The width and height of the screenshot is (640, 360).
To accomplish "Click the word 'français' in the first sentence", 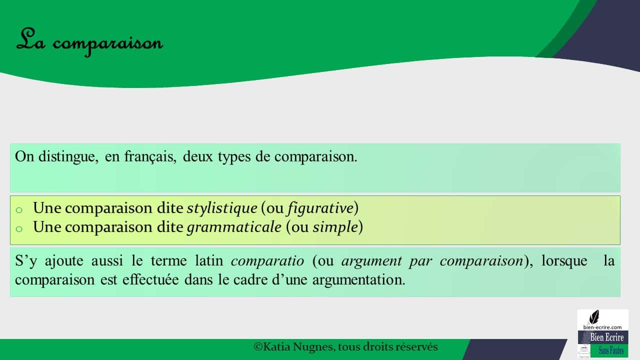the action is [x=150, y=157].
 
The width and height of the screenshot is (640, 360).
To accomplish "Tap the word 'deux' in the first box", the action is [x=197, y=156].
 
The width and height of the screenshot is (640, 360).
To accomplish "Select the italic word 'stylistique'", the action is [x=222, y=207].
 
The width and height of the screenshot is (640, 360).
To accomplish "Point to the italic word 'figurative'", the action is [x=320, y=207].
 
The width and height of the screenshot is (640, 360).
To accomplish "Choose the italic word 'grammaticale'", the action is [x=234, y=227].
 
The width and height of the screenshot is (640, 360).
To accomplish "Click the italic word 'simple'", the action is [x=335, y=227].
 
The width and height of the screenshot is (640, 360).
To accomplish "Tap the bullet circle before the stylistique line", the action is [x=19, y=210].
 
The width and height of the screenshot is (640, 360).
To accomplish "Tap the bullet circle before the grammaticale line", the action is [x=19, y=229].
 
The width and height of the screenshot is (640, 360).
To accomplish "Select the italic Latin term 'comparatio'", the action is [x=267, y=261].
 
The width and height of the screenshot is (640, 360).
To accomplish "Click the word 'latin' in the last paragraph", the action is [x=209, y=260].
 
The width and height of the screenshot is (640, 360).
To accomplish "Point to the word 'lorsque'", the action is [x=564, y=261].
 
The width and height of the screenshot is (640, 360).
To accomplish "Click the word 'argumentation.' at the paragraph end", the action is [x=359, y=280].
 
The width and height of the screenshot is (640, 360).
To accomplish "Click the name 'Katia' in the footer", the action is [x=276, y=347].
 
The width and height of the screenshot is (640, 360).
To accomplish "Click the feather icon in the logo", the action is [x=594, y=317].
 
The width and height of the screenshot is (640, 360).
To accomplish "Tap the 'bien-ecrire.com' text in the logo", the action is [x=602, y=327].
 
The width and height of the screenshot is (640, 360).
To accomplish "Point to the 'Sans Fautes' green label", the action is [x=611, y=350].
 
